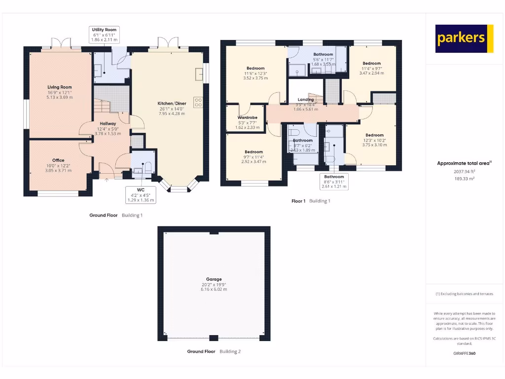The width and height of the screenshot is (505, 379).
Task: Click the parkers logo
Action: coord(464,38)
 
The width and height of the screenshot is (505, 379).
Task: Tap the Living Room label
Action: coord(60,87)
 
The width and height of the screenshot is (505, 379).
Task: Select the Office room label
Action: coord(59,160)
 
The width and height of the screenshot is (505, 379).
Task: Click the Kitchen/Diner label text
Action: coord(172,104)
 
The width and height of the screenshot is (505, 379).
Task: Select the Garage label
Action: coord(214,279)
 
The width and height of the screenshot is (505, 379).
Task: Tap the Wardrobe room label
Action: coord(247,118)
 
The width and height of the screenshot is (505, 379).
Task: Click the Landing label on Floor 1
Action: coord(306,100)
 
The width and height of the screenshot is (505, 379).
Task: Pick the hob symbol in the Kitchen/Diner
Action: coord(198,103)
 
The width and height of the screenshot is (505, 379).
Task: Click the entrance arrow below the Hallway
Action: coord(107,179)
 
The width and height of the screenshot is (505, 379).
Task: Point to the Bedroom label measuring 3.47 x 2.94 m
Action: coord(371,64)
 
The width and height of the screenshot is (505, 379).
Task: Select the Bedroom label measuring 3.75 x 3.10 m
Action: coord(374,135)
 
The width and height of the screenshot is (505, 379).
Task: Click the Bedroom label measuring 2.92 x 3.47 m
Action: coord(253,152)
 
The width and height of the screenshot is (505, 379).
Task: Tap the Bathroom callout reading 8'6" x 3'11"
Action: coord(334,182)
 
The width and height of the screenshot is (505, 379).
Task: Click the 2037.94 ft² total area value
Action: coord(464,172)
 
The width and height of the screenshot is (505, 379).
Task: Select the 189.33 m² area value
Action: coord(464,179)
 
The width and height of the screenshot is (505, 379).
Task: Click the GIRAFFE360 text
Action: coord(464,353)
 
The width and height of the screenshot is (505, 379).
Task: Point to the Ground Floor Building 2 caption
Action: coord(214,352)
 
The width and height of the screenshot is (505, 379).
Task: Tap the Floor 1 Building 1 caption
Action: coord(311,201)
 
